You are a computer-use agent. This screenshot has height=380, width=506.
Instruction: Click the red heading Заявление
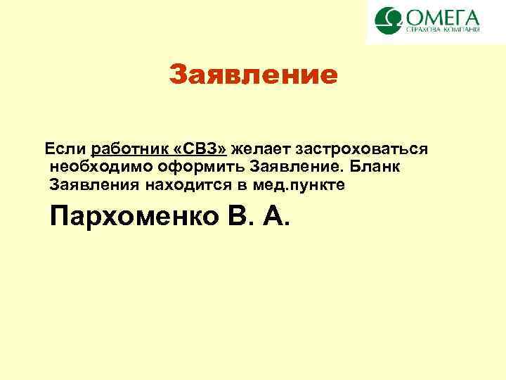coord(253,74)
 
